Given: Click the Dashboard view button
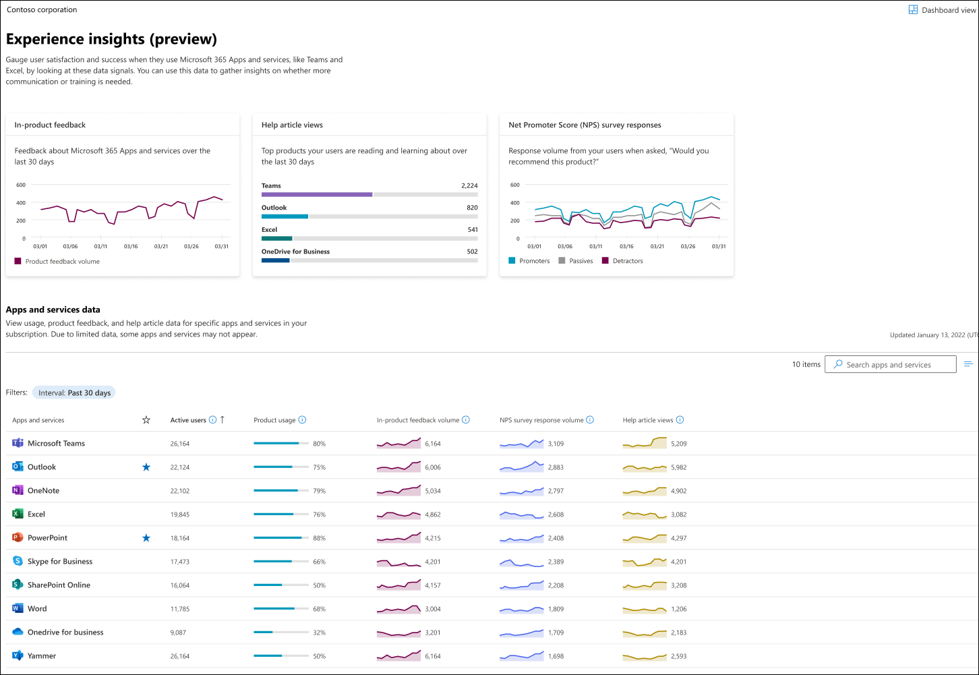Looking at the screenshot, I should pos(942,10).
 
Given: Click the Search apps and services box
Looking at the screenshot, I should pos(890,365).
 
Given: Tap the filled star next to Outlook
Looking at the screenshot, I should pos(146,467).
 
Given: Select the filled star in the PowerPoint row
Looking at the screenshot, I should pos(146,538).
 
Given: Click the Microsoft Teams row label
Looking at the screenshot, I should pos(56,444).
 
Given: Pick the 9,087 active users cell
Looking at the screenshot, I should pos(179,633).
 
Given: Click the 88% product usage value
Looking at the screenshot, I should pos(319,538).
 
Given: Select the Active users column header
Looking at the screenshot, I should pos(188,420).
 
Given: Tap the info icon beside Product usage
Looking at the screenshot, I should pos(302,420).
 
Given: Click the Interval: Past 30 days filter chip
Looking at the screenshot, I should pos(74,393).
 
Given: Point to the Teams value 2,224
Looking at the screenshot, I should pos(469,185).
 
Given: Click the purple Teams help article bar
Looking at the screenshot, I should pos(317,194).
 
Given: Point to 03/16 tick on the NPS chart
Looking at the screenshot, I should pos(626,247).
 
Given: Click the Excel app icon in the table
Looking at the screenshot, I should pos(18,514).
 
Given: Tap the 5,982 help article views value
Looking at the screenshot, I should pos(678,467).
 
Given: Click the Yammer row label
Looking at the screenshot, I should pos(42,656).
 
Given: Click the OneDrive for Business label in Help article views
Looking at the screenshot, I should pos(295,252).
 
